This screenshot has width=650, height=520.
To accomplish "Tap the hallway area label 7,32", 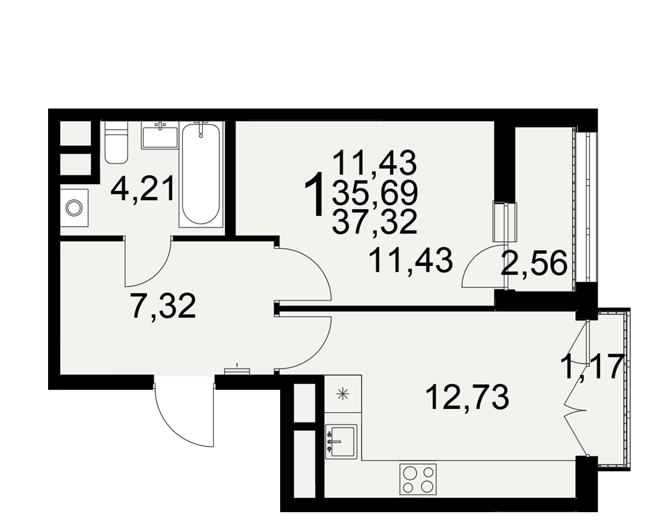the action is coord(163,305).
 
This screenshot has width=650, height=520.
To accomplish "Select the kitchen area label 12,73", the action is coord(467,396).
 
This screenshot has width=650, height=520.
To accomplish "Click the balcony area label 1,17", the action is coord(592,367).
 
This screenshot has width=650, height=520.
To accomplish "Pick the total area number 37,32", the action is coord(374,222).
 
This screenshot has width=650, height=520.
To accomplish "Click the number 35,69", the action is coord(374,194).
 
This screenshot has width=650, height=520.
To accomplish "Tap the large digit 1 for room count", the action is coord(315,194).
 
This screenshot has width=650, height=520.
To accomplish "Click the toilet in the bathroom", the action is coord(116,142).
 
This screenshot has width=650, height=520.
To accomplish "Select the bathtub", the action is coord(201,174).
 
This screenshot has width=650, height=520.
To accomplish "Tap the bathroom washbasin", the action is coord(160,135).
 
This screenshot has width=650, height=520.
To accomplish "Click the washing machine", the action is coord(75,207).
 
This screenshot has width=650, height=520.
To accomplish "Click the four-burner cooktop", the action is coord(418,479).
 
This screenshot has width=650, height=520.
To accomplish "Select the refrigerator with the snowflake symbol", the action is coord(343,394).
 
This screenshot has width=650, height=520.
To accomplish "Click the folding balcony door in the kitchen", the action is coord(576,394).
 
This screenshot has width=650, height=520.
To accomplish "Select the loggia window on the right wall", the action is coord(586,207).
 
